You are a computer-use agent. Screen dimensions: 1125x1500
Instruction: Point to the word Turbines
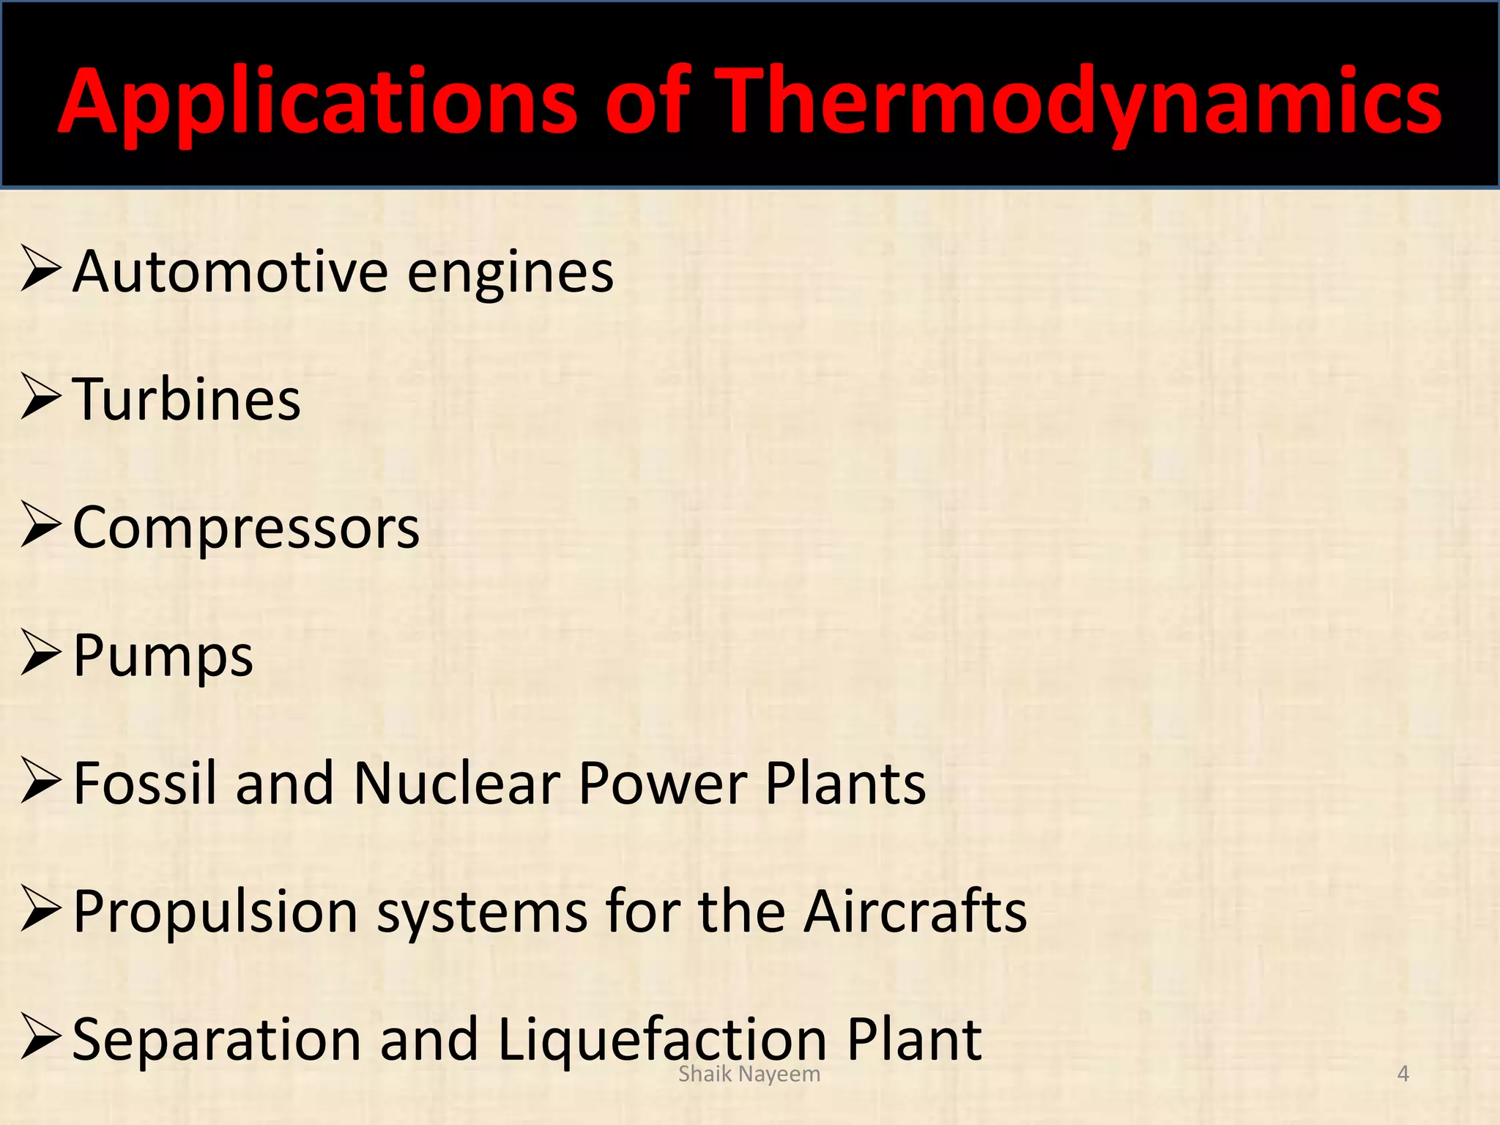(x=187, y=400)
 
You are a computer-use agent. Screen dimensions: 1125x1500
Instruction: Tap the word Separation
(x=217, y=1040)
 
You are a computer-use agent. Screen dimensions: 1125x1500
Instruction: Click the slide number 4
(x=1403, y=1074)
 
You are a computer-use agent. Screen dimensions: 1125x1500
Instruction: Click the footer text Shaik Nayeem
(x=749, y=1074)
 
